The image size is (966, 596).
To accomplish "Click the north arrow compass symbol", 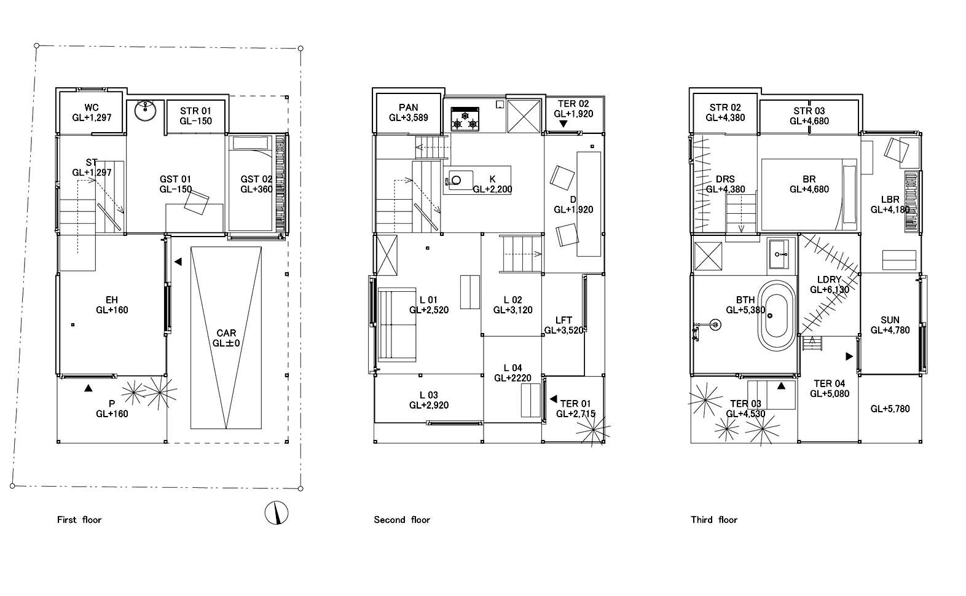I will pyautogui.click(x=277, y=512).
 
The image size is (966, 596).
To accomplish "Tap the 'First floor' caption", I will pyautogui.click(x=79, y=520).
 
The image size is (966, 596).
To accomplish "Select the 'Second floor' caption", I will pyautogui.click(x=402, y=520).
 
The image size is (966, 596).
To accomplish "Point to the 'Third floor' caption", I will pyautogui.click(x=713, y=520).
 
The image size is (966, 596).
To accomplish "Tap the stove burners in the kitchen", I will pyautogui.click(x=465, y=119).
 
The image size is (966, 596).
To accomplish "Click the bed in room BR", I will pyautogui.click(x=809, y=191).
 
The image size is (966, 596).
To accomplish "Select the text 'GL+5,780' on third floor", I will pyautogui.click(x=890, y=409).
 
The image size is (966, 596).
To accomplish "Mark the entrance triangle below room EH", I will pyautogui.click(x=88, y=388).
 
